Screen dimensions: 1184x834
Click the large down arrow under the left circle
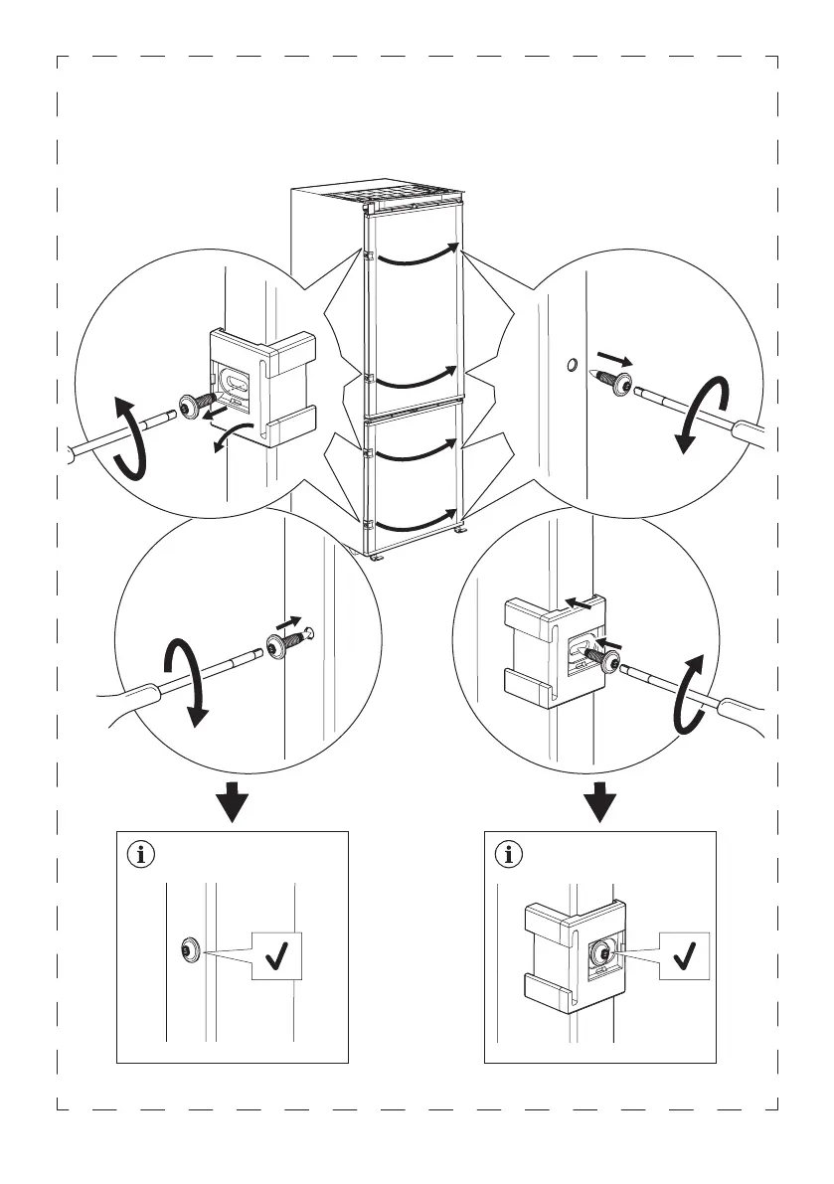point(232,801)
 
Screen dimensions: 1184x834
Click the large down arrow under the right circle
point(599,801)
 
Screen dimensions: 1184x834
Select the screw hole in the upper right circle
point(570,366)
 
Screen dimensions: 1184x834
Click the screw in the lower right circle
point(599,657)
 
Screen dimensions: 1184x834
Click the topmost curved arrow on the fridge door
point(417,256)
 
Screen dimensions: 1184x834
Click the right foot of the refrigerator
point(462,537)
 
